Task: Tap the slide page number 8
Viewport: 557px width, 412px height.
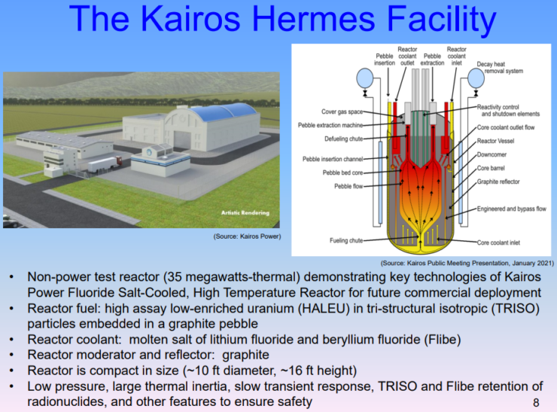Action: pyautogui.click(x=536, y=402)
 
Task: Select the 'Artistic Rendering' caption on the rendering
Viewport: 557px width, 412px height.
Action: pyautogui.click(x=245, y=212)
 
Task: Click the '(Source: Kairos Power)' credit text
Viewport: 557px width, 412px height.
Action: pyautogui.click(x=247, y=237)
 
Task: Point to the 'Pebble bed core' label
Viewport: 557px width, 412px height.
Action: pyautogui.click(x=342, y=172)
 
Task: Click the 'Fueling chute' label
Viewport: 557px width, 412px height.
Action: pyautogui.click(x=346, y=241)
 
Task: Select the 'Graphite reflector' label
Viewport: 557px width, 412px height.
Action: pyautogui.click(x=498, y=182)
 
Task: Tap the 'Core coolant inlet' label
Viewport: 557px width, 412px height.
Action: pyautogui.click(x=498, y=243)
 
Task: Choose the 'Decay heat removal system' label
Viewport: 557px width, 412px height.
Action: pyautogui.click(x=500, y=68)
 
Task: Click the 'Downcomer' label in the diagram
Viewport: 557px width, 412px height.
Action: pyautogui.click(x=492, y=154)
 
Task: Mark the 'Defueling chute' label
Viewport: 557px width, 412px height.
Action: pyautogui.click(x=344, y=139)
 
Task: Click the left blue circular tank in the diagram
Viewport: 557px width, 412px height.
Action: pyautogui.click(x=365, y=78)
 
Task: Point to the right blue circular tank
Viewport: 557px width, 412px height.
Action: pyautogui.click(x=476, y=78)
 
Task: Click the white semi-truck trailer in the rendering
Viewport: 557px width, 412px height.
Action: pyautogui.click(x=102, y=165)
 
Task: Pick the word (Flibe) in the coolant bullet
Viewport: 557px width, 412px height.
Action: pyautogui.click(x=443, y=340)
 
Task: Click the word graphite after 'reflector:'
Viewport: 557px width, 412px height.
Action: pyautogui.click(x=245, y=355)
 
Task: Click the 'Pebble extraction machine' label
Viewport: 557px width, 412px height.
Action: pyautogui.click(x=330, y=126)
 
